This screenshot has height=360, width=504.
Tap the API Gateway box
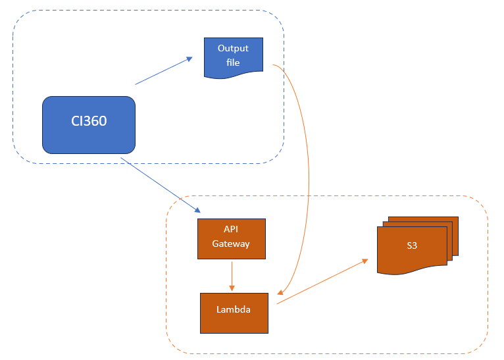coord(231,238)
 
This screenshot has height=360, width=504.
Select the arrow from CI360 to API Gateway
coord(161,185)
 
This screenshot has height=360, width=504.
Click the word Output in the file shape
coord(234,49)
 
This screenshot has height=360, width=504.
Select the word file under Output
coord(233,63)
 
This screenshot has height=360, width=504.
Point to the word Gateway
coord(231,244)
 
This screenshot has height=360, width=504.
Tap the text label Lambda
coord(233,309)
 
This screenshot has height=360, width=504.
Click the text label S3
coord(412,245)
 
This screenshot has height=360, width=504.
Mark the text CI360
coord(89,121)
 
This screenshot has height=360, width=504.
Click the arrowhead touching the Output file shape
coord(189,59)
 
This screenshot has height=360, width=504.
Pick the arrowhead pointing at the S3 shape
coord(365,261)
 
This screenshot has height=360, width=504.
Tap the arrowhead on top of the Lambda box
coord(231,288)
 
